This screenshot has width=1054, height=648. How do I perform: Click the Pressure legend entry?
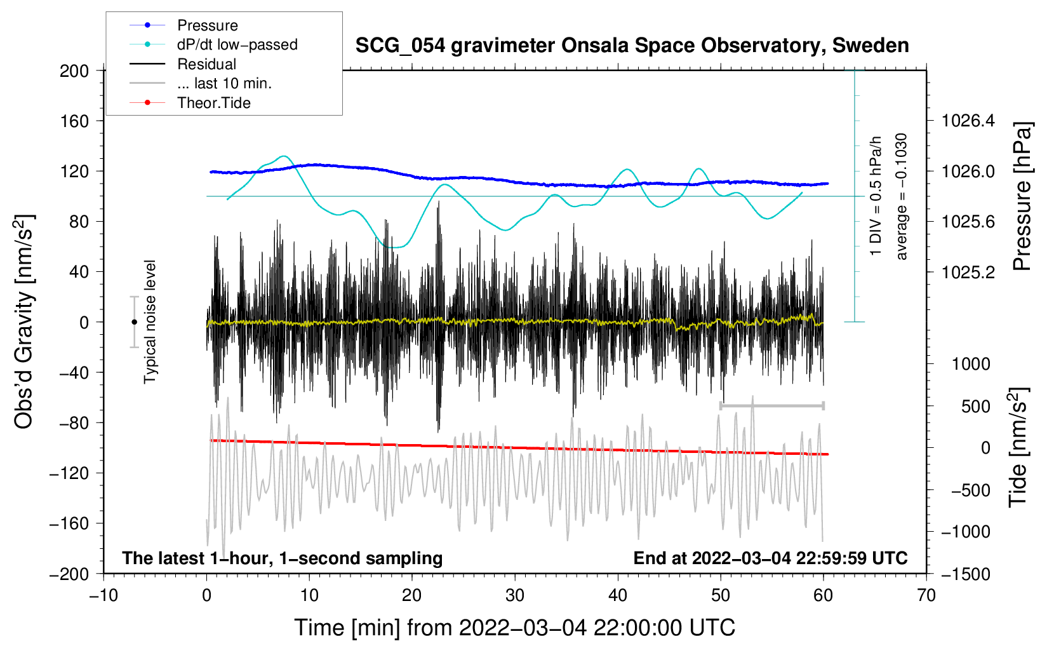[x=183, y=25]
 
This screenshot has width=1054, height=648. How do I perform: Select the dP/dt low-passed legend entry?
[x=213, y=44]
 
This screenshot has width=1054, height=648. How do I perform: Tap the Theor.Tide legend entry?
[x=190, y=103]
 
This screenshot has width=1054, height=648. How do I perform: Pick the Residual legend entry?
[x=183, y=64]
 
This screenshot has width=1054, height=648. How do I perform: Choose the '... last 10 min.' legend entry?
[x=201, y=83]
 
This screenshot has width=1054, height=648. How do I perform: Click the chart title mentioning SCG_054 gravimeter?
[x=632, y=45]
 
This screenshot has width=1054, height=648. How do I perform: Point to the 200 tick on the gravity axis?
[x=74, y=71]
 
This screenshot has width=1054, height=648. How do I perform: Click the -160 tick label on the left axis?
[x=69, y=523]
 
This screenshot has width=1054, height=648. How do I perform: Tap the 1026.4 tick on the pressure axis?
[x=968, y=121]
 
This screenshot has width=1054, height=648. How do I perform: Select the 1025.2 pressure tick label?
[x=968, y=272]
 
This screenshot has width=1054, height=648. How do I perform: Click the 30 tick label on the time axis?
[x=515, y=596]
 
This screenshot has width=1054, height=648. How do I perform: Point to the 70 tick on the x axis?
[x=926, y=596]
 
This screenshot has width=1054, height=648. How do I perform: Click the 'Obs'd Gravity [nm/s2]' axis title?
[x=23, y=322]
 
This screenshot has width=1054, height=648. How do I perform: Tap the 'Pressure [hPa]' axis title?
[x=1022, y=196]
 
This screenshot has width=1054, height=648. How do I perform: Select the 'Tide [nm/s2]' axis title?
[x=1018, y=448]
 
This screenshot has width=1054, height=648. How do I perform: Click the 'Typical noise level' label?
[x=150, y=322]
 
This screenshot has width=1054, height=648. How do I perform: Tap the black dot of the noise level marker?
[x=134, y=322]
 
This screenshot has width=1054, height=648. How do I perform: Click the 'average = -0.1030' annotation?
[x=900, y=196]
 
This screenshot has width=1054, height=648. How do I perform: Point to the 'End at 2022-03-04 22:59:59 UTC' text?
[x=770, y=558]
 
